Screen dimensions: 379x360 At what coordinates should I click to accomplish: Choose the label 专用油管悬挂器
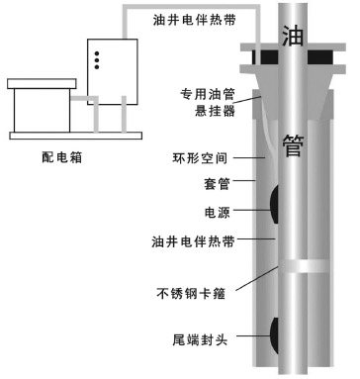click(x=208, y=100)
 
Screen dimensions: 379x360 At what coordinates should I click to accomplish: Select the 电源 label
click(x=217, y=211)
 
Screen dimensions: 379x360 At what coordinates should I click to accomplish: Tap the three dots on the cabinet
click(x=96, y=58)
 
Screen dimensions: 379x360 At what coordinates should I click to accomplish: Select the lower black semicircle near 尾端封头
click(x=271, y=335)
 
